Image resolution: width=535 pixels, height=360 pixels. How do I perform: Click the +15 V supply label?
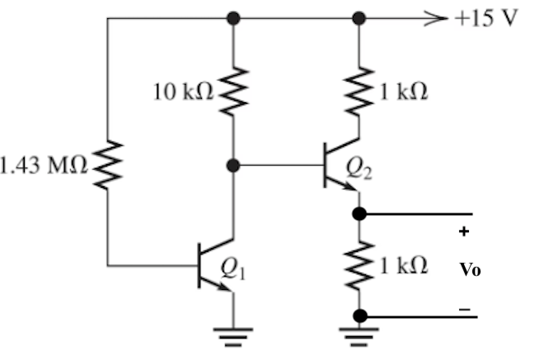pos(486,18)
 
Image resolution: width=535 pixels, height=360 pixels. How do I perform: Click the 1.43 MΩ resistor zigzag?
pos(108,165)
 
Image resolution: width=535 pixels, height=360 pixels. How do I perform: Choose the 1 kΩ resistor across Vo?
pos(359,264)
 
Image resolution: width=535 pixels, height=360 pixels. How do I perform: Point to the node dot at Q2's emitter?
pos(359,213)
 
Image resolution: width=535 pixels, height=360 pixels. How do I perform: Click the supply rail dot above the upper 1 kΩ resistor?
pos(359,17)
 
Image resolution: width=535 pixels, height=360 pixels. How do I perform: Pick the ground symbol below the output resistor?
pos(359,334)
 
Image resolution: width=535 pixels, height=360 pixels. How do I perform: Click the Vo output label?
pos(470,269)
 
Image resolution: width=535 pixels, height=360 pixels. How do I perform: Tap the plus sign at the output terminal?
pos(464,232)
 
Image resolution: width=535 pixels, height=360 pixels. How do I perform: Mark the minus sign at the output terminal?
pos(465,308)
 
